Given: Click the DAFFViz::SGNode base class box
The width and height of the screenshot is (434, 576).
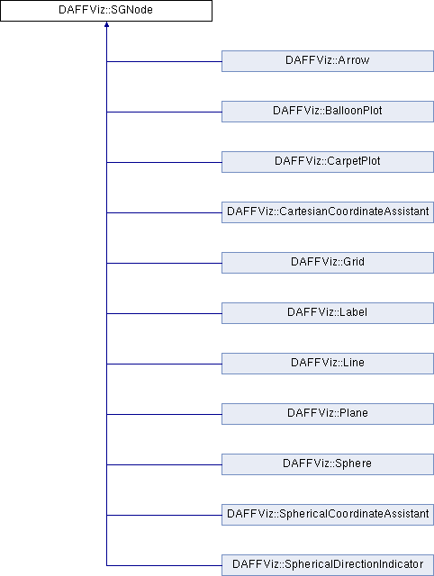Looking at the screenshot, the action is click(x=106, y=11).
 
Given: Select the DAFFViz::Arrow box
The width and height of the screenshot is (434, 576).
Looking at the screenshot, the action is click(x=328, y=61).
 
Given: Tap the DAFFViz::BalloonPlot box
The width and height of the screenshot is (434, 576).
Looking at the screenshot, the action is click(x=328, y=112).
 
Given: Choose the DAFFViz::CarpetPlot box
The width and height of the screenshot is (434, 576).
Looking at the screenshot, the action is click(x=328, y=162).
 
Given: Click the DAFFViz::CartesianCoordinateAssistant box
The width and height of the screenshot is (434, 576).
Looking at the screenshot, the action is click(x=328, y=212).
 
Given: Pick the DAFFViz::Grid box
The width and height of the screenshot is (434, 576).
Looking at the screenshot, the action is click(x=328, y=263).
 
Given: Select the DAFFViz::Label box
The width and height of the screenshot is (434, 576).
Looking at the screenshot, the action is click(x=328, y=313).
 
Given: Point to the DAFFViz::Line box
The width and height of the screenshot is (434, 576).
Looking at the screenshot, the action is click(x=328, y=364).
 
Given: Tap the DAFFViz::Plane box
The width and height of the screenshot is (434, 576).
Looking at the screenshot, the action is click(x=328, y=414).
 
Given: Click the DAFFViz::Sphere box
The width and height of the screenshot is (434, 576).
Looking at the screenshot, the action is click(x=328, y=464).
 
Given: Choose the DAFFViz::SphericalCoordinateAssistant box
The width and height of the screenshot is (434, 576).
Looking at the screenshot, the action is click(x=328, y=514).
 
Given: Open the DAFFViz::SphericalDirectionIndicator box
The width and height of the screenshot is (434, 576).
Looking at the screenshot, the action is click(x=328, y=565).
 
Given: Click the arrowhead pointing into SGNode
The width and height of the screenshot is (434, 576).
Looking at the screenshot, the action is click(x=106, y=24).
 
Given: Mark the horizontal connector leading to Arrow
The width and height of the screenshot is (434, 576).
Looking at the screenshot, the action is click(x=164, y=61).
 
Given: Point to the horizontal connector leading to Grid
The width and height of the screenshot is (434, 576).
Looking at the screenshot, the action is click(x=164, y=263).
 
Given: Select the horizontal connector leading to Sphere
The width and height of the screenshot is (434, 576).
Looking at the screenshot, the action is click(x=164, y=464).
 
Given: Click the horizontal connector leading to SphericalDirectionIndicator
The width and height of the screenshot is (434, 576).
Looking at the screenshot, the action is click(x=164, y=565).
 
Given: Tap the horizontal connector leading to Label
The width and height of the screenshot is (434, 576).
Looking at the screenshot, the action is click(x=164, y=313).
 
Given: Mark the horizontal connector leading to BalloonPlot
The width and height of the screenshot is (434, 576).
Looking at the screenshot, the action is click(x=164, y=112).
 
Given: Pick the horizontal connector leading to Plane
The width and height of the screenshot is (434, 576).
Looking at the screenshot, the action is click(x=164, y=414).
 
